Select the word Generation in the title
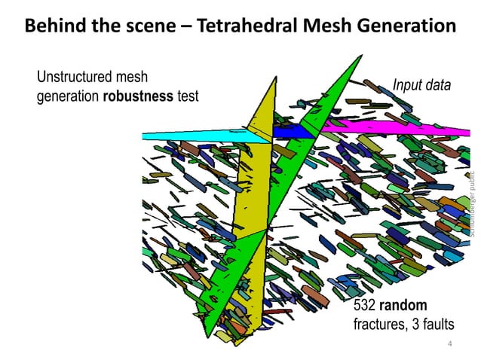(x=401, y=26)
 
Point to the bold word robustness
(x=138, y=96)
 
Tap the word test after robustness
(x=187, y=96)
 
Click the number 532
(x=365, y=306)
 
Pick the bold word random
(x=403, y=306)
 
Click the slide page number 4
(x=449, y=344)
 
